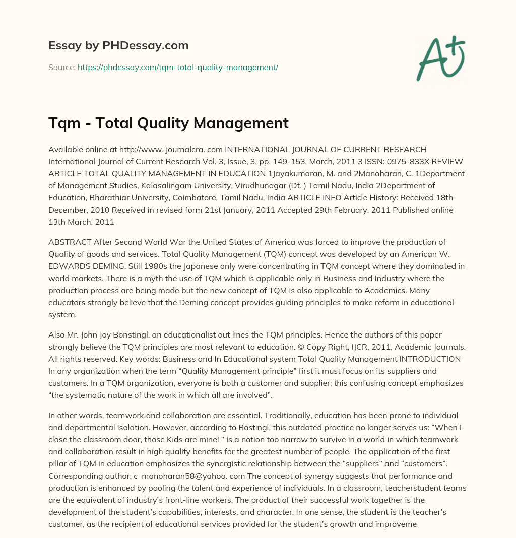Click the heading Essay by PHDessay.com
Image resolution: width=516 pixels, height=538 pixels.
tap(118, 46)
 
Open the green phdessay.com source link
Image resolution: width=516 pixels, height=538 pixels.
tap(178, 67)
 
